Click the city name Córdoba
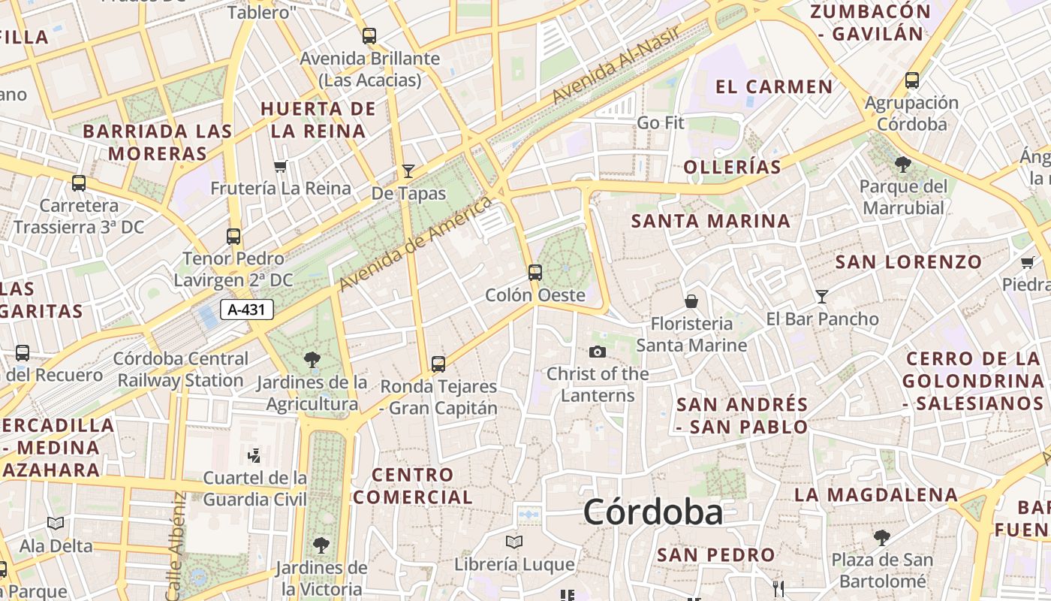(652, 512)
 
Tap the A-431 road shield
(247, 310)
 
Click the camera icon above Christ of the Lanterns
(598, 352)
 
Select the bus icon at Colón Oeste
(535, 272)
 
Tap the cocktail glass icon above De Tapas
(408, 171)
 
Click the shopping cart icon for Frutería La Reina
(281, 166)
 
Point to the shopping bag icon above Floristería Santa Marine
(691, 301)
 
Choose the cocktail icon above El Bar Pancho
(822, 297)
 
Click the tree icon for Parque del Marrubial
(903, 164)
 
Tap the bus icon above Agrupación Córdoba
(912, 80)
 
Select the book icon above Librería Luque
(514, 542)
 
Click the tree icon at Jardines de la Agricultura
(312, 360)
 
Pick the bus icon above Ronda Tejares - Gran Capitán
(438, 364)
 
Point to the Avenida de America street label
(415, 244)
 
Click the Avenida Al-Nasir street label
(616, 65)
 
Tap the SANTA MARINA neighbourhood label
(711, 221)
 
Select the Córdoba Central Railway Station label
(180, 370)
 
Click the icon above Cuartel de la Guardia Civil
(254, 455)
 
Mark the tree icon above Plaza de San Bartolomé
(882, 537)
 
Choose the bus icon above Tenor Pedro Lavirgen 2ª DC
(233, 237)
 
